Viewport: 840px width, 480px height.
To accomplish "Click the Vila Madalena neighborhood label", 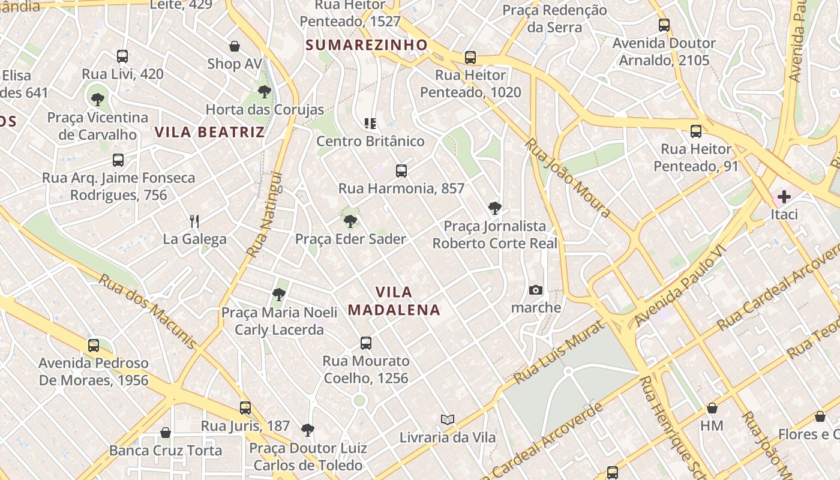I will pos(394,301).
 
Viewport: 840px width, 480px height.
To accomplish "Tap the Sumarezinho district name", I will pos(367,45).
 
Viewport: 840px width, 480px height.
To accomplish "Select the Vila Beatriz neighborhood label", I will pos(210,132).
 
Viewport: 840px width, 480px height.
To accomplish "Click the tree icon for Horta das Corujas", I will pos(264,92).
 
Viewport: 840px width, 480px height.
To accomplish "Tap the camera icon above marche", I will pos(536,290).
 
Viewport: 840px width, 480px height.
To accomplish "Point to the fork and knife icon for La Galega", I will pos(194,221).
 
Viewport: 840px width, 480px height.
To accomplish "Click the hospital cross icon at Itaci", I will pos(784,196).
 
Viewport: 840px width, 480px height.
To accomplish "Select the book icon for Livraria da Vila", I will pos(448,419).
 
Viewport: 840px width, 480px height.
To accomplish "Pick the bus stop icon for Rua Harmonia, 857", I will pos(401,171).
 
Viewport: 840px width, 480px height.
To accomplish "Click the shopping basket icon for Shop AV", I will pos(235,46).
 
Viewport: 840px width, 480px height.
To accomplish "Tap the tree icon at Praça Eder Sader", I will pos(350,221).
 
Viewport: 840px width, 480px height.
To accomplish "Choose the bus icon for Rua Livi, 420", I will pos(122,56).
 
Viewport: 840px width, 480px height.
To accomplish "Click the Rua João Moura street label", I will pos(568,178).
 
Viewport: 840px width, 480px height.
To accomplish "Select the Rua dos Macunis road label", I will pos(148,311).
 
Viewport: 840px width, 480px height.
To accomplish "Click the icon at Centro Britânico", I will pos(370,124).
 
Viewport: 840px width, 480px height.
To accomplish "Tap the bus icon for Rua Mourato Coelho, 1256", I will pos(366,343).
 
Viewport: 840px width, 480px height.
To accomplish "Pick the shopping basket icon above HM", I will pos(712,409).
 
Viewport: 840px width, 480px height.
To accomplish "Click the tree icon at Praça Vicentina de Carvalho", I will pos(97,100).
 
